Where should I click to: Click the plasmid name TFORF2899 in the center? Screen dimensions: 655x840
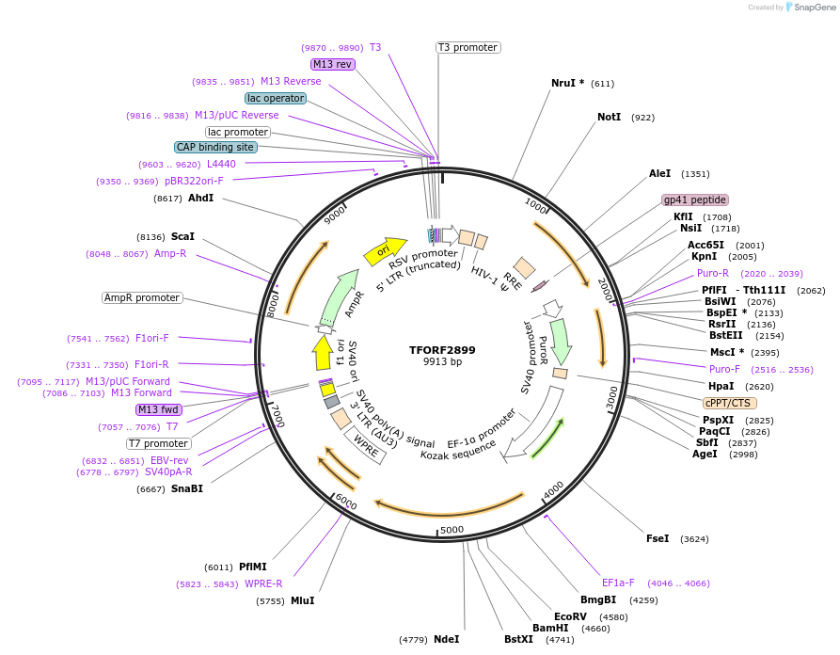(442, 350)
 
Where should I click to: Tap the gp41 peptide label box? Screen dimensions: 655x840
(695, 200)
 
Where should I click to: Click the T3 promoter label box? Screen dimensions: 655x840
(468, 47)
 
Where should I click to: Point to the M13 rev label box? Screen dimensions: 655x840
(333, 64)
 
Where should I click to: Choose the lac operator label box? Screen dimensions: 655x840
(275, 98)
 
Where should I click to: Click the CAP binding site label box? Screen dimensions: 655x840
(215, 147)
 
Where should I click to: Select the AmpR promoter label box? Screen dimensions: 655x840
(142, 297)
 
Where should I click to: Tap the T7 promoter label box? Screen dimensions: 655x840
(159, 443)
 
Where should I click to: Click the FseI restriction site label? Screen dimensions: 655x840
(657, 538)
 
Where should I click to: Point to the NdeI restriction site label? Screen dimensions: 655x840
(446, 639)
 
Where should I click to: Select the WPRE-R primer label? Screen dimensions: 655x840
(263, 583)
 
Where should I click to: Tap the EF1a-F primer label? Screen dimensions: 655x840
(618, 583)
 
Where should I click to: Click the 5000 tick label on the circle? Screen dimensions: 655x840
(452, 530)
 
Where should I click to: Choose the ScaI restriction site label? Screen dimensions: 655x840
(182, 236)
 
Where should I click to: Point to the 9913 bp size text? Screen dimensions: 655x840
(442, 362)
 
